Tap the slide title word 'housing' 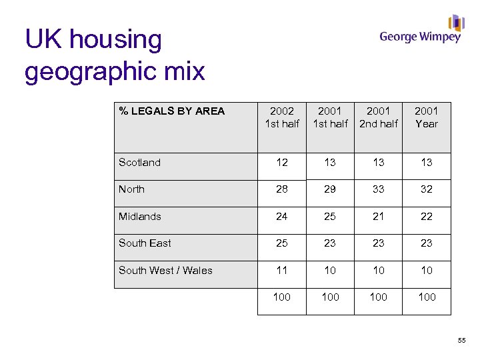pyautogui.click(x=115, y=40)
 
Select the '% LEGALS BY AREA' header pyautogui.click(x=172, y=111)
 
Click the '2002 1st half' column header pyautogui.click(x=282, y=117)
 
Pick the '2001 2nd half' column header pyautogui.click(x=378, y=117)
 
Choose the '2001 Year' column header pyautogui.click(x=427, y=117)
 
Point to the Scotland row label pyautogui.click(x=139, y=163)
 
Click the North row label pyautogui.click(x=131, y=189)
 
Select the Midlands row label pyautogui.click(x=139, y=217)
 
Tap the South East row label pyautogui.click(x=145, y=243)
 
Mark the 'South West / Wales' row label pyautogui.click(x=165, y=271)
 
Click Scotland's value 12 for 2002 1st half pyautogui.click(x=282, y=163)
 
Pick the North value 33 pyautogui.click(x=378, y=189)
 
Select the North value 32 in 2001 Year pyautogui.click(x=427, y=189)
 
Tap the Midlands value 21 pyautogui.click(x=378, y=217)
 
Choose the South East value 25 pyautogui.click(x=282, y=243)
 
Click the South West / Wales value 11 pyautogui.click(x=282, y=271)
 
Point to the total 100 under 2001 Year pyautogui.click(x=427, y=297)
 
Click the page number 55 pyautogui.click(x=462, y=341)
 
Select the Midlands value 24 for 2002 pyautogui.click(x=282, y=217)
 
